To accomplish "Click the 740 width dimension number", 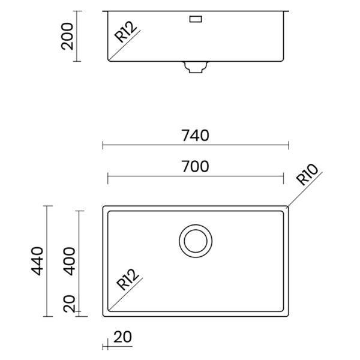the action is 196,136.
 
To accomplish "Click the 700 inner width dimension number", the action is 196,166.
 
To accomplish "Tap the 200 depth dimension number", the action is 67,36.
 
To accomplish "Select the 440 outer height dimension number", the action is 37,261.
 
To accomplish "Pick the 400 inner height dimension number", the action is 70,261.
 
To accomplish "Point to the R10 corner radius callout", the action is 307,174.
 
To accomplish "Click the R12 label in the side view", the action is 125,32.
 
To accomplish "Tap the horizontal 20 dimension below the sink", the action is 122,337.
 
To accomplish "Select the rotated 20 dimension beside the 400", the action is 70,304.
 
